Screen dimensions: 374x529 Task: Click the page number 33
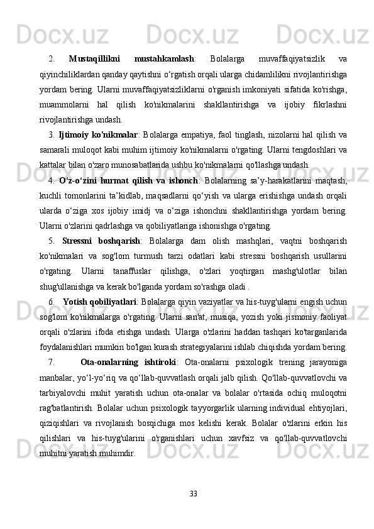(x=194, y=493)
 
